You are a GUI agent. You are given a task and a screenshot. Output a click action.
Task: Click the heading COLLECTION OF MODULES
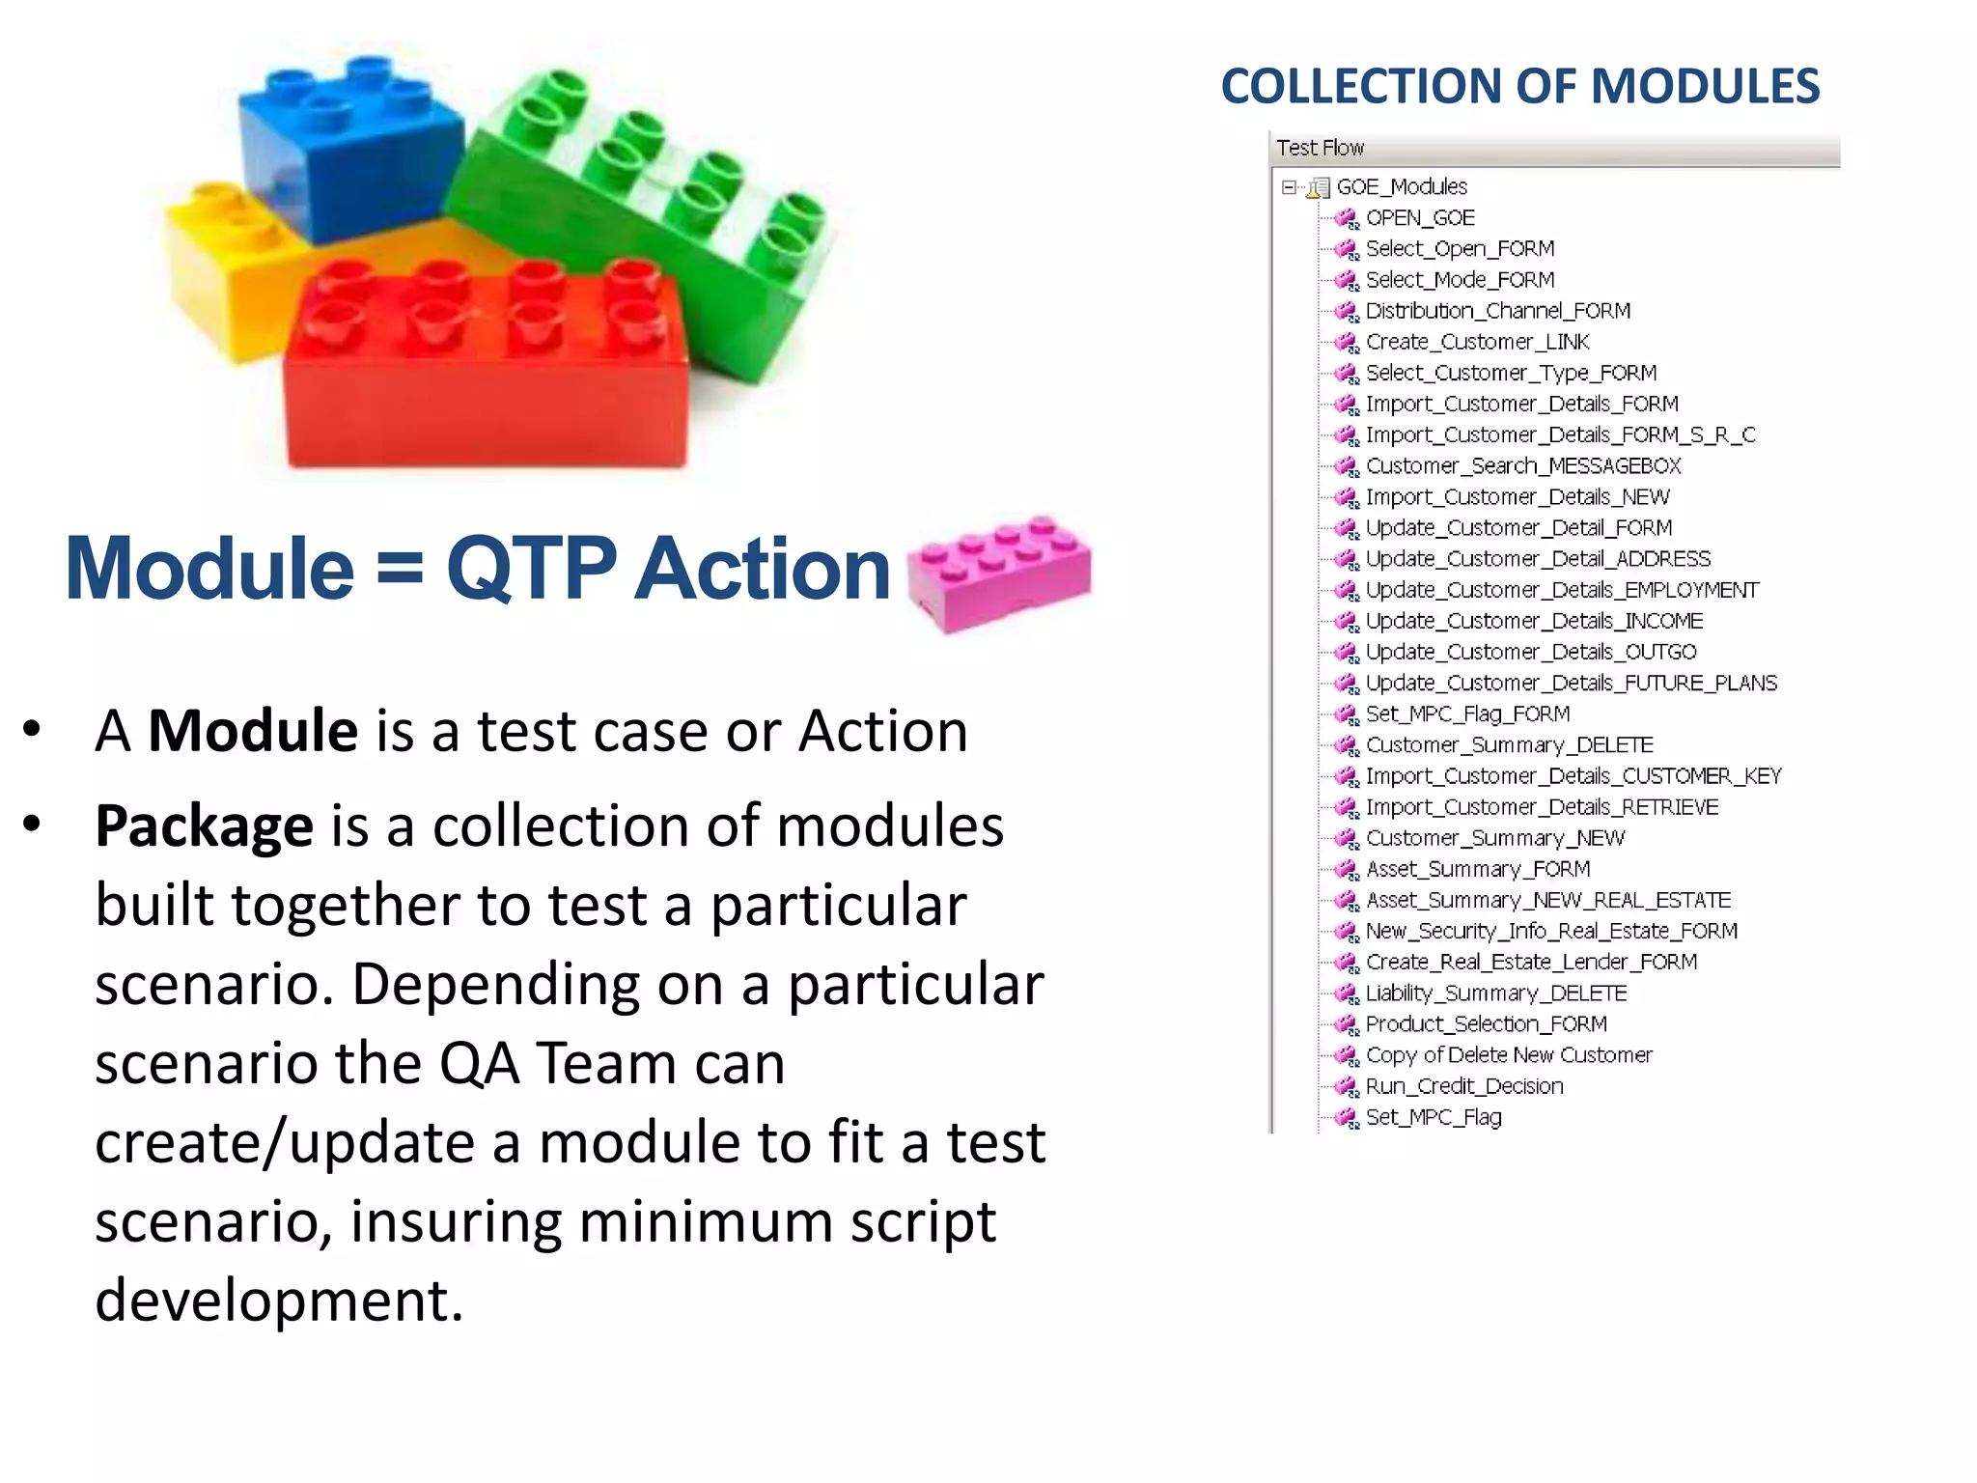click(x=1519, y=87)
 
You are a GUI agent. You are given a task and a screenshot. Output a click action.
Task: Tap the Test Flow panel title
click(x=1320, y=148)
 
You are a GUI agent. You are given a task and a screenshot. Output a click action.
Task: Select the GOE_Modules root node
click(x=1401, y=186)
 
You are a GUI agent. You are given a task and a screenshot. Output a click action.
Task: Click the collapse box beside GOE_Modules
click(x=1289, y=187)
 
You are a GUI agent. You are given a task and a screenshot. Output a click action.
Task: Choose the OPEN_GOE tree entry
click(x=1419, y=218)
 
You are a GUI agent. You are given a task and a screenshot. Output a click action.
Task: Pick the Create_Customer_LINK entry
click(x=1476, y=342)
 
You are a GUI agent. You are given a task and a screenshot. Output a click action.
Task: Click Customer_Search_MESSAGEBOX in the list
click(x=1522, y=466)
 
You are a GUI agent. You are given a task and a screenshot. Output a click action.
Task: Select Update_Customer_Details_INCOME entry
click(x=1533, y=621)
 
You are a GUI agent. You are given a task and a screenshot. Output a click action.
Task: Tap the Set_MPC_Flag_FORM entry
click(x=1466, y=714)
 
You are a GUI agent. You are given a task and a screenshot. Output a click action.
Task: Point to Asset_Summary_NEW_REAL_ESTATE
click(x=1547, y=900)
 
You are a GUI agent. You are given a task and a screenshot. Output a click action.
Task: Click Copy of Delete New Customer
click(x=1508, y=1055)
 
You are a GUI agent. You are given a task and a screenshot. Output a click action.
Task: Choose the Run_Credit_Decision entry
click(x=1463, y=1086)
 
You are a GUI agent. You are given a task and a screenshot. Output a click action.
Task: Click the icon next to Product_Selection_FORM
click(x=1346, y=1024)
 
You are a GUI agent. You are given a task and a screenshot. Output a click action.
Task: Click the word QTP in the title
click(x=531, y=569)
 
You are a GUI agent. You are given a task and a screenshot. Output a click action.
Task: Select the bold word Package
click(x=204, y=826)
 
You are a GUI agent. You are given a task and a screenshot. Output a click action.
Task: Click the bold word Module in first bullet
click(x=253, y=731)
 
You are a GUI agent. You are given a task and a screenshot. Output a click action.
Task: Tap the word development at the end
click(x=278, y=1300)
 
